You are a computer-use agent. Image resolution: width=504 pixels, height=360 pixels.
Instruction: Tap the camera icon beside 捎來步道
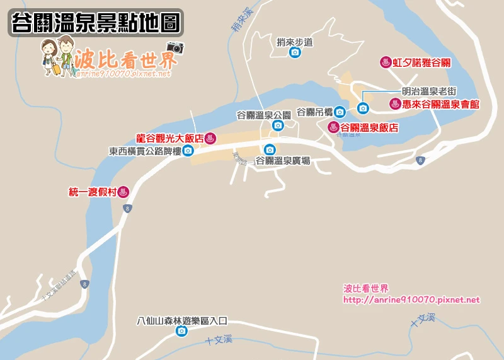294,53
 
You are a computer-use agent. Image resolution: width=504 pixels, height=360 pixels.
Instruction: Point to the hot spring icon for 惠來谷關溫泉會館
395,104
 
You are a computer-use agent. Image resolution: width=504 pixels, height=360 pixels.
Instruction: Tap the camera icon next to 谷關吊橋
340,112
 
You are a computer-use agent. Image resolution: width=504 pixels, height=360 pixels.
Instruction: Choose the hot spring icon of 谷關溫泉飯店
333,127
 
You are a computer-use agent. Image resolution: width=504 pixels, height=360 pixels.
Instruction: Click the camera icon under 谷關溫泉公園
278,125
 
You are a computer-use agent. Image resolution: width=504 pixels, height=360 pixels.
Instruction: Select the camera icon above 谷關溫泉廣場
270,149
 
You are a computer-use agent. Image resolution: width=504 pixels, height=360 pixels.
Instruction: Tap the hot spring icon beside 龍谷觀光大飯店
210,137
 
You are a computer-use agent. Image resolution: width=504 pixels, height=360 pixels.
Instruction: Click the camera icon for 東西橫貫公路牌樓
188,151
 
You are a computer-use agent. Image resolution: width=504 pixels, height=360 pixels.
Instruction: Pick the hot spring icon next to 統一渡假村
123,192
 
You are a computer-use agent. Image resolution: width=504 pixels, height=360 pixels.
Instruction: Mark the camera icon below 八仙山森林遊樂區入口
181,331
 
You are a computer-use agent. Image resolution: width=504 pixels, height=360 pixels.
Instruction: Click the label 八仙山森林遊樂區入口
181,320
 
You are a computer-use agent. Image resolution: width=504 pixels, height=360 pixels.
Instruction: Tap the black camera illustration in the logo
175,47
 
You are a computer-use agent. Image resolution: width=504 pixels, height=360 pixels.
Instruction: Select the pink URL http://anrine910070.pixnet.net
411,300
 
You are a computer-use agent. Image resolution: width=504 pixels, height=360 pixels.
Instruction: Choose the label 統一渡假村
93,192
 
